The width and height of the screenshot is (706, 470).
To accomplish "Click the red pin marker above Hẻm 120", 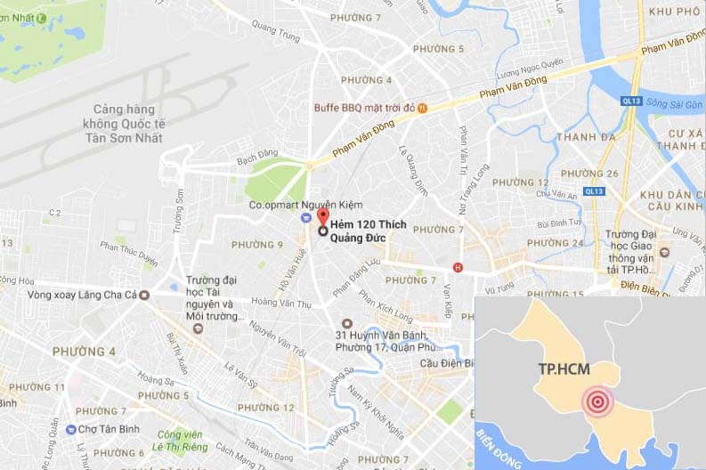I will pos(322,217).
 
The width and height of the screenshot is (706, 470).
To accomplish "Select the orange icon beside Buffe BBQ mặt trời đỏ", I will pos(423,108).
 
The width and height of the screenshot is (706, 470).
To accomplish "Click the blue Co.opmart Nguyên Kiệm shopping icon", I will pos(305,218).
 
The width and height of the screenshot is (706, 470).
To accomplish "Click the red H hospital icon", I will pos(458,267).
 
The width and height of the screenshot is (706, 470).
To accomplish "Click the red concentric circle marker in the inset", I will pos(597,402).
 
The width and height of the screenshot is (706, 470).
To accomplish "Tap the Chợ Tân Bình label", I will pos(103,429).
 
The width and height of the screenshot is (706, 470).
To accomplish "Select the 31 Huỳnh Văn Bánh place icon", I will pos(347,323).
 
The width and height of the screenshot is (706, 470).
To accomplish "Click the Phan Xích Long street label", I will pos(385,305).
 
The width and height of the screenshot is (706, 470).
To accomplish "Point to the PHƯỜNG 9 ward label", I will pos(256,245).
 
